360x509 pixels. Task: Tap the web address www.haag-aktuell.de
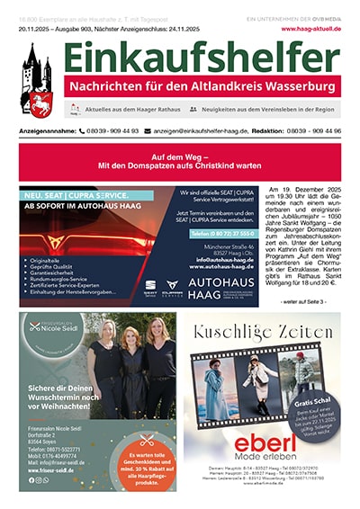tap(310, 28)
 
